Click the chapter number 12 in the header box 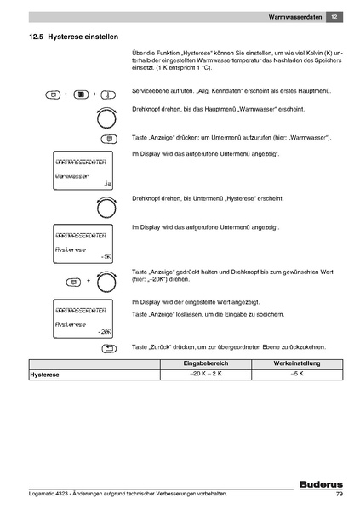pyautogui.click(x=334, y=16)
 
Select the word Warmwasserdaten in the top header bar pyautogui.click(x=294, y=16)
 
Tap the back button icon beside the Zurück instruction pyautogui.click(x=108, y=347)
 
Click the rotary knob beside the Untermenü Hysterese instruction pyautogui.click(x=106, y=208)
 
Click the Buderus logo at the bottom pyautogui.click(x=318, y=484)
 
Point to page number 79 pyautogui.click(x=338, y=496)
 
